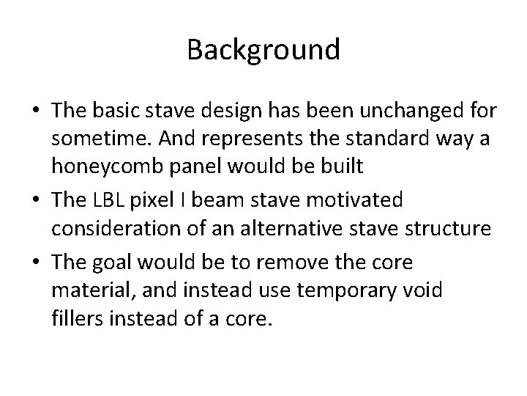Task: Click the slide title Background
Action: coord(263,50)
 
